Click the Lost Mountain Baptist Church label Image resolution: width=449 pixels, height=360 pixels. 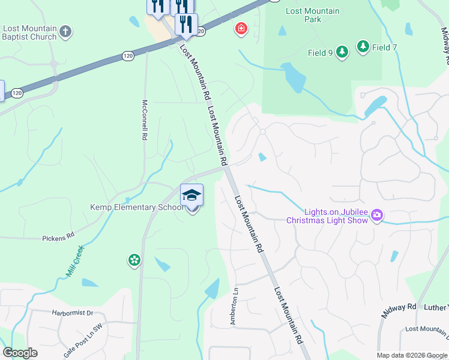29,32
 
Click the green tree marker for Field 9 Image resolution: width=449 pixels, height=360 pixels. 342,52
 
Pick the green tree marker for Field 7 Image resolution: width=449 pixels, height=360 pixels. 363,46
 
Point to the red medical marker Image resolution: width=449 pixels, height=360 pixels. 241,28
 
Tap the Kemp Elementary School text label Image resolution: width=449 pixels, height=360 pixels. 137,208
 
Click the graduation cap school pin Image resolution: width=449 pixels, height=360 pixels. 191,196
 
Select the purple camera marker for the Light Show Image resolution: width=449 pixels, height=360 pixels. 377,215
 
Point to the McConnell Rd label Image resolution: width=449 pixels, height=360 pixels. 144,120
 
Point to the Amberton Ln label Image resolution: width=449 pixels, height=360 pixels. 235,305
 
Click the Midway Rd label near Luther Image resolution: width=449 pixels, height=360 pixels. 399,310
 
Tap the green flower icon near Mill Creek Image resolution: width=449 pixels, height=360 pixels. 134,260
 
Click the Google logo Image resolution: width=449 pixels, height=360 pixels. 20,353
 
